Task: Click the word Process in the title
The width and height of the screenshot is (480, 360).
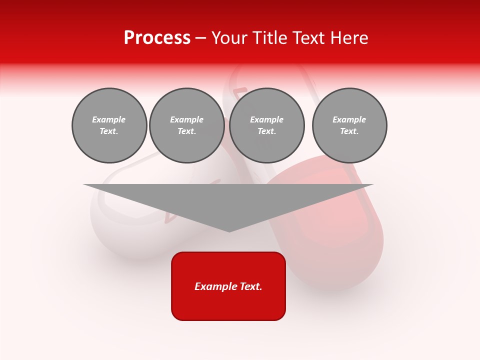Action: (x=157, y=38)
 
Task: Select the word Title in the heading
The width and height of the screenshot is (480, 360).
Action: (x=271, y=38)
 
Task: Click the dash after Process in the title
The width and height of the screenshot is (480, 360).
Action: (x=200, y=38)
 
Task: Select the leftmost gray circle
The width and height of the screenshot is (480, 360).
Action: (x=109, y=125)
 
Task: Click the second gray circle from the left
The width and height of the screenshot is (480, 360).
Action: (x=187, y=125)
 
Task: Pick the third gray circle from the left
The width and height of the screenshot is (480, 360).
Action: (x=267, y=125)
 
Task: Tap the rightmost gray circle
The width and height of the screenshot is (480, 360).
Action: (x=349, y=125)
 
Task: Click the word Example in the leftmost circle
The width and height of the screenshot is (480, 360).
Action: (x=109, y=119)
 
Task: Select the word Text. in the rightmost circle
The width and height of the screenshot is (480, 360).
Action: (x=349, y=131)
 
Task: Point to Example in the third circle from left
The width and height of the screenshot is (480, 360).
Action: (x=266, y=119)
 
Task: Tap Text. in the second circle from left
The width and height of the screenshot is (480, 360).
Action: (x=187, y=131)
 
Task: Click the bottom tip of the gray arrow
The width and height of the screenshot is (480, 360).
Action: (x=229, y=231)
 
